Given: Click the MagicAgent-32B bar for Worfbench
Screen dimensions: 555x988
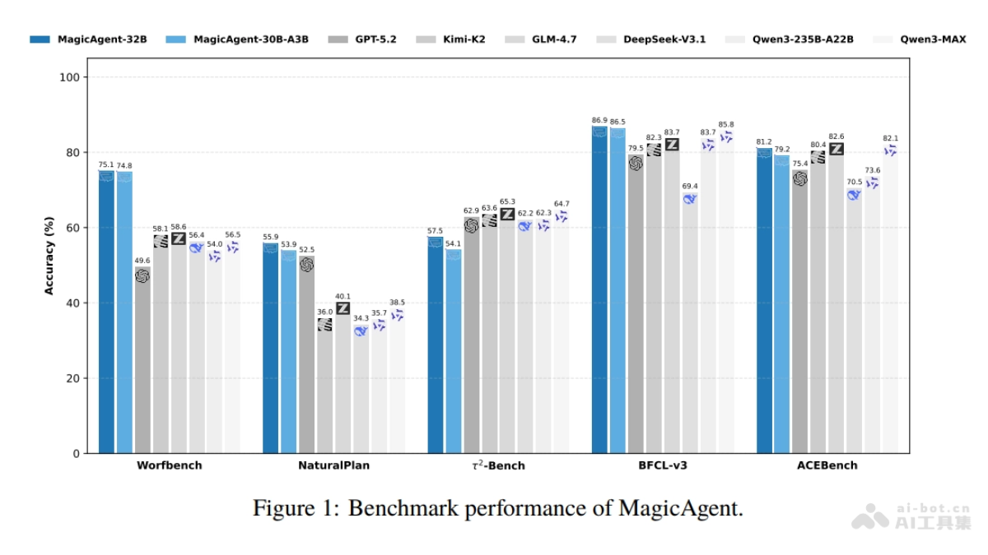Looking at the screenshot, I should [x=106, y=312].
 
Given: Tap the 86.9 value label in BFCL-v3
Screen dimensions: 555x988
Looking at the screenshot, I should [x=599, y=120].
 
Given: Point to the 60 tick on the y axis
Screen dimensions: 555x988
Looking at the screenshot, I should [x=73, y=228].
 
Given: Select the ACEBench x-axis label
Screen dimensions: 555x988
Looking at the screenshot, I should [x=827, y=465].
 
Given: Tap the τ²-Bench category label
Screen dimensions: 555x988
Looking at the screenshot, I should [x=497, y=465].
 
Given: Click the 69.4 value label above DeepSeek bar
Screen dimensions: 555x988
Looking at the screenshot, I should [x=690, y=187].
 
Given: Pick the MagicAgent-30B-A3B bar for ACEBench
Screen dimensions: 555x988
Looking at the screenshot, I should [x=782, y=304].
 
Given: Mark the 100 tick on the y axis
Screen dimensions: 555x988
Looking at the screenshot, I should [x=70, y=77].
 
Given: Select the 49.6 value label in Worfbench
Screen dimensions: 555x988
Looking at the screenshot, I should [x=142, y=261].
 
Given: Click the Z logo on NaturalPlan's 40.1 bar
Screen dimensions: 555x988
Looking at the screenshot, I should [x=343, y=308].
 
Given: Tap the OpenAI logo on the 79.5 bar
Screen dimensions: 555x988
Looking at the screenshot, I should [x=636, y=163].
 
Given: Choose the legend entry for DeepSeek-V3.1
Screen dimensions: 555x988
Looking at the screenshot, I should [x=664, y=39].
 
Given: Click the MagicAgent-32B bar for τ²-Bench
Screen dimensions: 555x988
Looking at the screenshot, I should [x=436, y=345].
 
